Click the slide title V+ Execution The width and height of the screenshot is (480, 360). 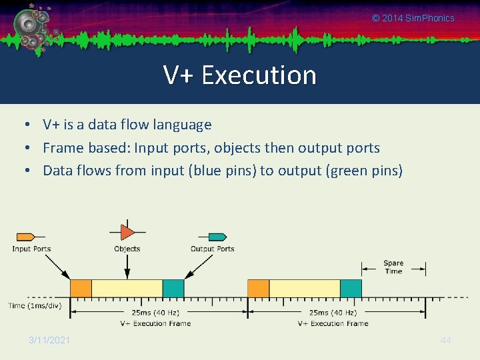click(240, 75)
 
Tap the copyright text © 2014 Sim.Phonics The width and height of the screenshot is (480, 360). click(413, 18)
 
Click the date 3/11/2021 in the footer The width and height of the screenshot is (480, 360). click(49, 340)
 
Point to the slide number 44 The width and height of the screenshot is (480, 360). click(446, 340)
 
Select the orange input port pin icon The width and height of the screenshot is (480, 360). click(25, 237)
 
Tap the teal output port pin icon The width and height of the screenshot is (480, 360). click(217, 237)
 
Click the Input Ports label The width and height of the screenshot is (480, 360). click(31, 249)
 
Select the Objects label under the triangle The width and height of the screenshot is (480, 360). click(127, 249)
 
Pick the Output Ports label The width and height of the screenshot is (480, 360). click(213, 249)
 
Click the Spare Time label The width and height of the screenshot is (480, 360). click(393, 267)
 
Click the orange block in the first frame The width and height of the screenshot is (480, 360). click(81, 288)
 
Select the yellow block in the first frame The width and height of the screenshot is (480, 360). click(127, 288)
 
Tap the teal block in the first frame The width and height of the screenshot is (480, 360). click(173, 288)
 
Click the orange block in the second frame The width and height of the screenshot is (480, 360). click(258, 288)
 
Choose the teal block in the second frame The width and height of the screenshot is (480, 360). click(351, 288)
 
